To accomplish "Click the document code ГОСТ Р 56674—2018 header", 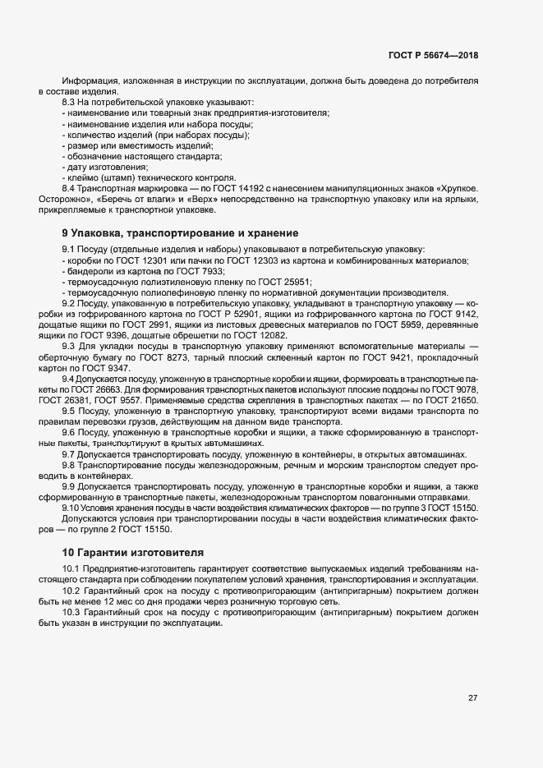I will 433,56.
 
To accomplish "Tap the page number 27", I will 472,698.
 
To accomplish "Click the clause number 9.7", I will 69,454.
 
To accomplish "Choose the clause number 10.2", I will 71,591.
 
